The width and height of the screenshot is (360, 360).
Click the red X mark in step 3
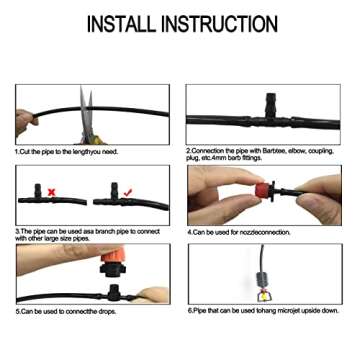click(x=51, y=190)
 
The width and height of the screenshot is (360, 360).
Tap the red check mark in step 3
click(x=128, y=189)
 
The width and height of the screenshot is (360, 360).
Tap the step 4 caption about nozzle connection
click(x=239, y=231)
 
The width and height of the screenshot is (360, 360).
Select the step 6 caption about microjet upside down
click(x=263, y=311)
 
